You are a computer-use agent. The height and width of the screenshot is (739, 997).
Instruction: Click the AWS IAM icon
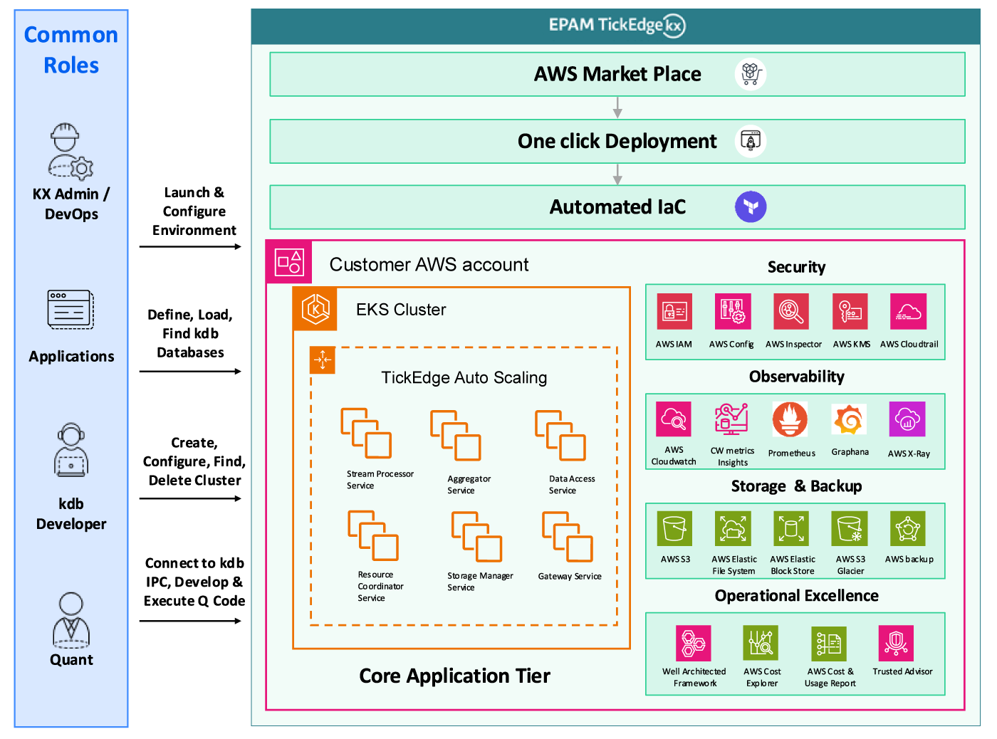pyautogui.click(x=674, y=312)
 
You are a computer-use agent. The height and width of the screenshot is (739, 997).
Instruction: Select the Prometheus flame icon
pyautogui.click(x=790, y=419)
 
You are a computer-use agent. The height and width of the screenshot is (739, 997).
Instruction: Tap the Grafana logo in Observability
pyautogui.click(x=849, y=419)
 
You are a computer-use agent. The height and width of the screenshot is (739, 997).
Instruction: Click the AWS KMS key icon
pyautogui.click(x=850, y=312)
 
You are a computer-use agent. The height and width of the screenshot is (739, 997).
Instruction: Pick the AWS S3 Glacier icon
pyautogui.click(x=850, y=529)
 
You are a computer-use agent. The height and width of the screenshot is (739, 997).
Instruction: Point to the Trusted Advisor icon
pyautogui.click(x=896, y=644)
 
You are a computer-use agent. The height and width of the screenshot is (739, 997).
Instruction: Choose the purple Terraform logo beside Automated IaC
pyautogui.click(x=751, y=207)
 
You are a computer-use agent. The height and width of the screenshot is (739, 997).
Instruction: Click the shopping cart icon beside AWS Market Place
pyautogui.click(x=751, y=74)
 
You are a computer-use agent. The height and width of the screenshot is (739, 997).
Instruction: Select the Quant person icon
pyautogui.click(x=71, y=620)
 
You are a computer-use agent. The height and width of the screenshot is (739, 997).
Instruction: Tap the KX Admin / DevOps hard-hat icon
pyautogui.click(x=71, y=150)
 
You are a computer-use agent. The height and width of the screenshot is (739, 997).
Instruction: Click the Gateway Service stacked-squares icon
pyautogui.click(x=568, y=537)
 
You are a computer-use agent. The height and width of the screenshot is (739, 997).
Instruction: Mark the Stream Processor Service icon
pyautogui.click(x=366, y=433)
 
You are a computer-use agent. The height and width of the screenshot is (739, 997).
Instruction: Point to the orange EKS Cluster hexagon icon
pyautogui.click(x=315, y=309)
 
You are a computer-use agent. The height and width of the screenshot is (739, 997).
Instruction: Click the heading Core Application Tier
pyautogui.click(x=454, y=676)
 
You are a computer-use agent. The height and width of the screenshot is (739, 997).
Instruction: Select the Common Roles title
pyautogui.click(x=71, y=50)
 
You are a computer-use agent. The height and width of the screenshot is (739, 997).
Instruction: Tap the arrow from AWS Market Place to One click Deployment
pyautogui.click(x=617, y=108)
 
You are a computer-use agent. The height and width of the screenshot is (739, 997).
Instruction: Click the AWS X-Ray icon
pyautogui.click(x=907, y=419)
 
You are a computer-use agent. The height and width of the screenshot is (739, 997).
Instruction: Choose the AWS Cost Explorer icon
pyautogui.click(x=761, y=644)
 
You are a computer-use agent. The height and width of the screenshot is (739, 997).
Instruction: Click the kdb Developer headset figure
pyautogui.click(x=71, y=450)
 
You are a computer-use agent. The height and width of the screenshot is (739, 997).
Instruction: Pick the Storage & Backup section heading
pyautogui.click(x=796, y=486)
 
